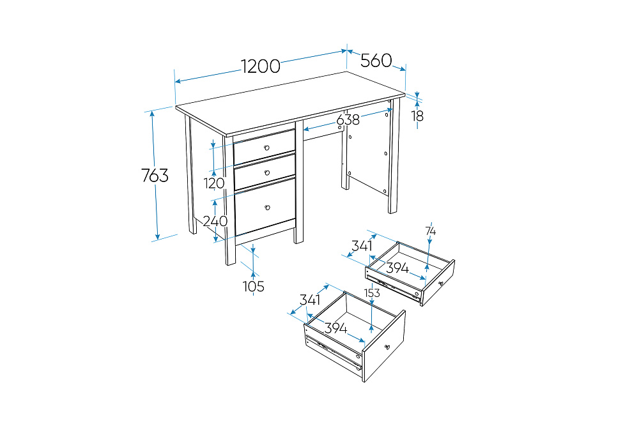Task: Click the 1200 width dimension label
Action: [x=261, y=66]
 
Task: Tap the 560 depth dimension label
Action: [x=376, y=61]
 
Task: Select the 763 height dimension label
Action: [x=155, y=176]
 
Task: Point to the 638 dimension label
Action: [x=348, y=119]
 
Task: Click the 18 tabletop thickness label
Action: [x=417, y=116]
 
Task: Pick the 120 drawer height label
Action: [x=214, y=183]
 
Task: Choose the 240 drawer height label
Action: [x=215, y=221]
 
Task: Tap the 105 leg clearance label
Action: [x=254, y=286]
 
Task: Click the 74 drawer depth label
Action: [x=430, y=231]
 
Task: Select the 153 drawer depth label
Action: [x=372, y=293]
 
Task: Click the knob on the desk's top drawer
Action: [x=267, y=148]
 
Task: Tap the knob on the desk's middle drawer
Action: [x=267, y=172]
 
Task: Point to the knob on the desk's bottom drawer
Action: [x=268, y=208]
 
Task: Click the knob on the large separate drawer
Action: [x=387, y=347]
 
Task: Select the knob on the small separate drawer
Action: [x=440, y=284]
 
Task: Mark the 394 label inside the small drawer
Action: [x=397, y=268]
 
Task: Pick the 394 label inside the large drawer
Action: [x=336, y=328]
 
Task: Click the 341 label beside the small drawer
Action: [x=362, y=246]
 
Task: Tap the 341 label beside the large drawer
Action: [x=310, y=300]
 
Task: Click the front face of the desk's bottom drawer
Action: [x=265, y=206]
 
